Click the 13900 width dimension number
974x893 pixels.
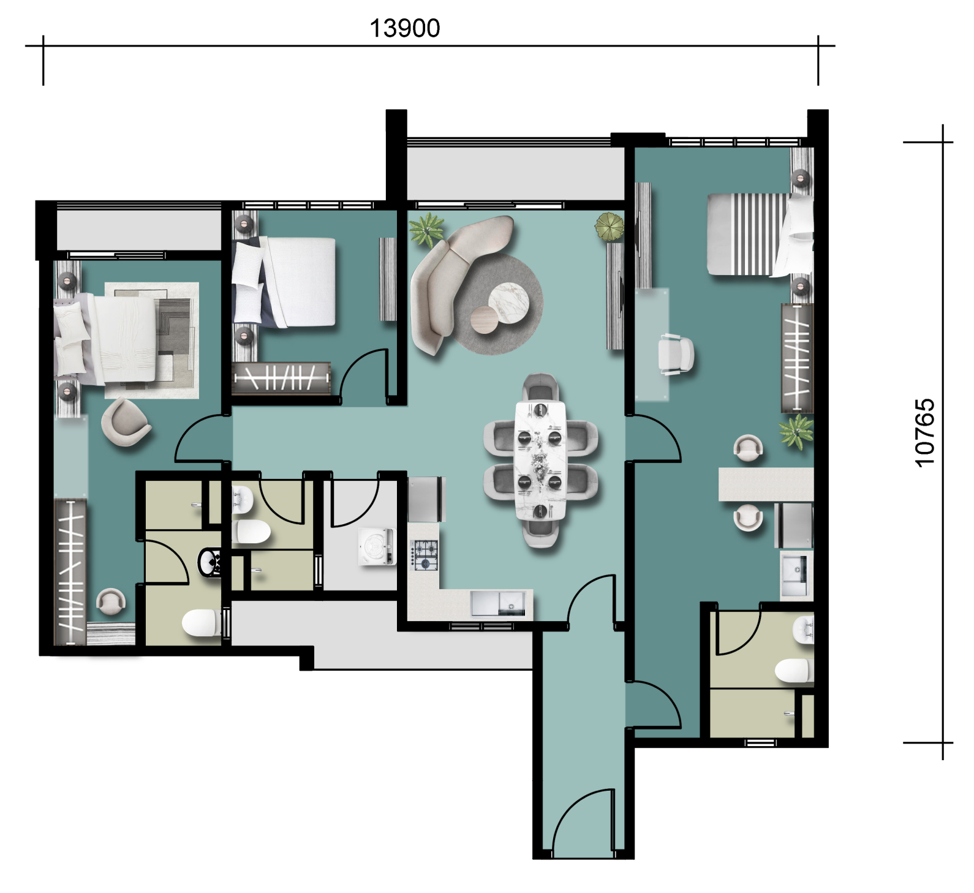pyautogui.click(x=405, y=28)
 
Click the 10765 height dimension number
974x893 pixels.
pyautogui.click(x=924, y=433)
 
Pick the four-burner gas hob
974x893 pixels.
pyautogui.click(x=424, y=555)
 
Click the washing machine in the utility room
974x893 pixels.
pyautogui.click(x=377, y=546)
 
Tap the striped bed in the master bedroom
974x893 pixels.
pyautogui.click(x=760, y=234)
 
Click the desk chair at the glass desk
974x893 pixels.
pyautogui.click(x=676, y=354)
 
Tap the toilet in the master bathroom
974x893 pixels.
pyautogui.click(x=795, y=671)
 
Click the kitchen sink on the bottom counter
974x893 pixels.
pyautogui.click(x=498, y=603)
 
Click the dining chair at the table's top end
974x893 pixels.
pyautogui.click(x=540, y=387)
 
